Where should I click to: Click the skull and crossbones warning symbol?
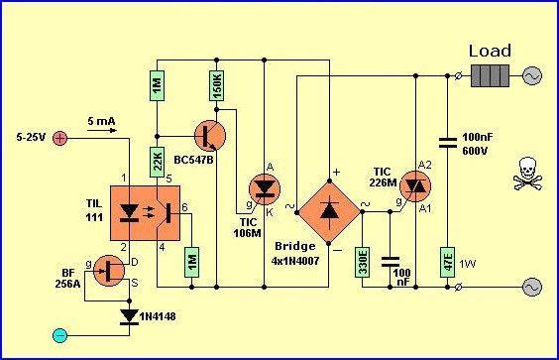(x=527, y=174)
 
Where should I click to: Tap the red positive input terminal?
(x=59, y=138)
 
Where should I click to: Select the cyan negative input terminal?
(x=59, y=335)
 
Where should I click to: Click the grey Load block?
(x=491, y=75)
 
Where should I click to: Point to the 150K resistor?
(x=216, y=85)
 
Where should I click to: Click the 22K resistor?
(x=157, y=162)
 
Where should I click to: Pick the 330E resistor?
(x=362, y=262)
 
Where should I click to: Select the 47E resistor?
(x=447, y=262)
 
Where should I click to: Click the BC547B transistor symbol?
(x=210, y=136)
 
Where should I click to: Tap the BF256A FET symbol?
(x=109, y=271)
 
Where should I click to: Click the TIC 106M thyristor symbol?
(x=265, y=189)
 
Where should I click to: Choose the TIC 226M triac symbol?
(x=415, y=186)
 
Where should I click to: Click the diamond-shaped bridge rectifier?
(x=329, y=212)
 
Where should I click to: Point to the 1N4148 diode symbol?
(x=129, y=316)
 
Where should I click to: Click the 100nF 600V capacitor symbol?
(x=447, y=143)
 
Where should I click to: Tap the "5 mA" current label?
(x=102, y=121)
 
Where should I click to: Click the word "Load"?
(x=490, y=51)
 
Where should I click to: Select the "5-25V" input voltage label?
(x=31, y=137)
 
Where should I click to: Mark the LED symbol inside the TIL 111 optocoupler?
(x=129, y=212)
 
